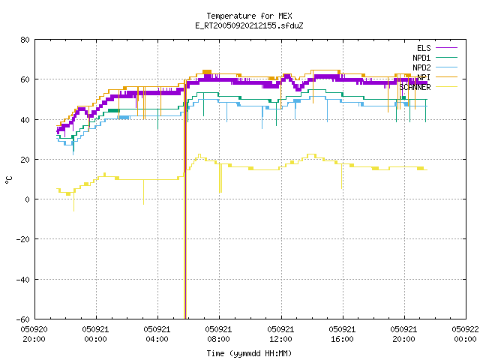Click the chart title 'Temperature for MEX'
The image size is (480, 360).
[249, 16]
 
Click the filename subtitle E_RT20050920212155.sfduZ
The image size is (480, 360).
[249, 25]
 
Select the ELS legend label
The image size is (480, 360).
[424, 48]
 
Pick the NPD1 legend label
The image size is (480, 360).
[421, 58]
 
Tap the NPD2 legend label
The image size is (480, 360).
[421, 67]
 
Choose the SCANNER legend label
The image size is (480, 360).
[415, 87]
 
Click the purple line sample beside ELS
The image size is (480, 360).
[446, 48]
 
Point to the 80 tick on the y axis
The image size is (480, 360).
[25, 40]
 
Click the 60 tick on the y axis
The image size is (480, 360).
[25, 79]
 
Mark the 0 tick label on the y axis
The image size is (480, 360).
[27, 199]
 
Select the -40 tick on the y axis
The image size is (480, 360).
[23, 280]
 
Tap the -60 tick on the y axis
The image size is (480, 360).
[23, 319]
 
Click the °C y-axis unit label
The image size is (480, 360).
[8, 180]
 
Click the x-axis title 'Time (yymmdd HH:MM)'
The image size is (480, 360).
[249, 353]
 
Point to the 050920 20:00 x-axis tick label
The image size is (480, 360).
[34, 334]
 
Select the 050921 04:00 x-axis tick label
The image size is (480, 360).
[157, 334]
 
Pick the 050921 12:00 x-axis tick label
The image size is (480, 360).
[280, 334]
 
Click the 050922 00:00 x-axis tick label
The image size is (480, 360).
[465, 334]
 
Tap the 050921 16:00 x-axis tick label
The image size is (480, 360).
[342, 334]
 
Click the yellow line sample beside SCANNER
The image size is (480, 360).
[446, 87]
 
